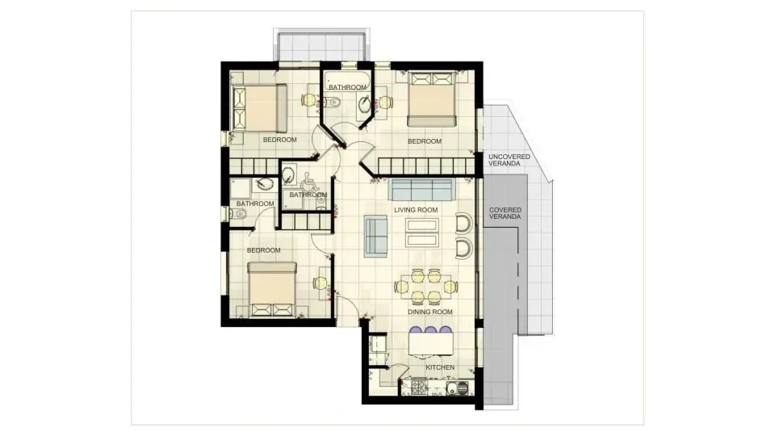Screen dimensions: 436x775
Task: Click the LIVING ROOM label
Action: (x=416, y=210)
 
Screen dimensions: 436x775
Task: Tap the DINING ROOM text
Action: (x=429, y=312)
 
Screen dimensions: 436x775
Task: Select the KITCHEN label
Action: (x=440, y=367)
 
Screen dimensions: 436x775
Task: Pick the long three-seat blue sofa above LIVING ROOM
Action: (x=421, y=191)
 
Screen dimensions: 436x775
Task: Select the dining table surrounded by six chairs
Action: (x=426, y=287)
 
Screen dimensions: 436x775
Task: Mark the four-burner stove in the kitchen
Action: (x=420, y=388)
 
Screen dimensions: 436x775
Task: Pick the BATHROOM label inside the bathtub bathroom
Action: (x=347, y=87)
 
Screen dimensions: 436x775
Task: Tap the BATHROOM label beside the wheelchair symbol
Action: (x=308, y=195)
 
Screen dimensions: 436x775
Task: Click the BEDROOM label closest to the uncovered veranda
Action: (x=425, y=141)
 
